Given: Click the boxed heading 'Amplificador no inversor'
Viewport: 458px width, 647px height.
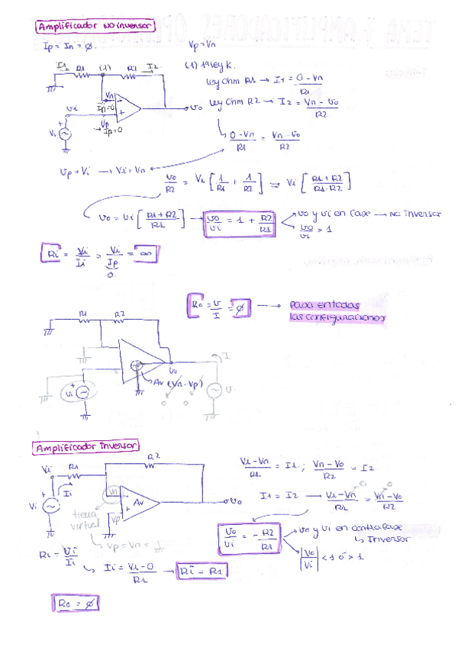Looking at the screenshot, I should [x=95, y=27].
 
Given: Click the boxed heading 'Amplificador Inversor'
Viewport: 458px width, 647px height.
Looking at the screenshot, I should [x=87, y=446].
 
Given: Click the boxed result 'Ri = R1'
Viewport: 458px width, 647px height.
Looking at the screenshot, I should [x=203, y=569].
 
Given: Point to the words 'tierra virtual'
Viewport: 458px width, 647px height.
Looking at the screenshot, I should [x=79, y=520].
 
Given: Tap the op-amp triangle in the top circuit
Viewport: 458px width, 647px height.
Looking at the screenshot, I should [x=127, y=108].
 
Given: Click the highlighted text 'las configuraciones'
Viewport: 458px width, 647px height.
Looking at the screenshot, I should [x=337, y=317].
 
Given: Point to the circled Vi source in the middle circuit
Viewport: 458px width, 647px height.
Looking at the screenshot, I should [x=79, y=393].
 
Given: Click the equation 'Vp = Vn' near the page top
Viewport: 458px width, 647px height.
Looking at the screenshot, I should [x=202, y=46].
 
